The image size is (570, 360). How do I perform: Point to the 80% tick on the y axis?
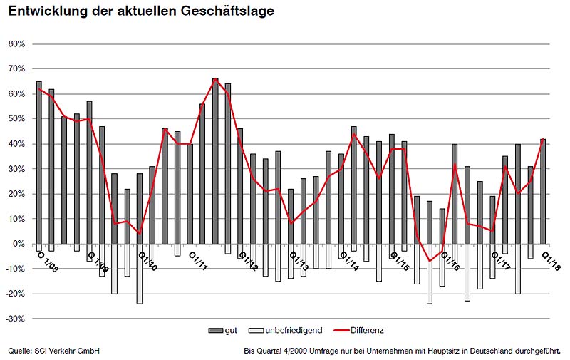(x=16, y=43)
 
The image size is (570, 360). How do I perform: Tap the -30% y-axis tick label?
(x=16, y=319)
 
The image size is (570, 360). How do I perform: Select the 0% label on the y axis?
(x=19, y=244)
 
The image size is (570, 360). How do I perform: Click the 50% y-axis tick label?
(x=16, y=118)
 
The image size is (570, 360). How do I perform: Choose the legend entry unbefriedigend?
(x=289, y=331)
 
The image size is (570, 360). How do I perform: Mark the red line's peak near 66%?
(x=215, y=80)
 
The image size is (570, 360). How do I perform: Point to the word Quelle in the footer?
(x=20, y=351)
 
